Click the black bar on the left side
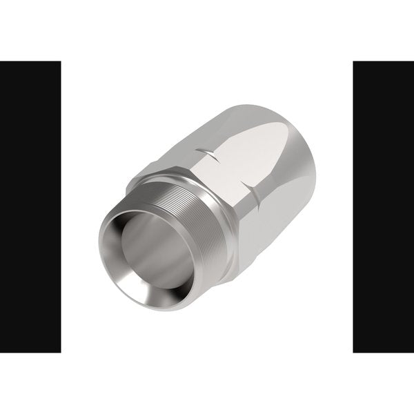click(x=30, y=207)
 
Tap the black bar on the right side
click(x=383, y=207)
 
